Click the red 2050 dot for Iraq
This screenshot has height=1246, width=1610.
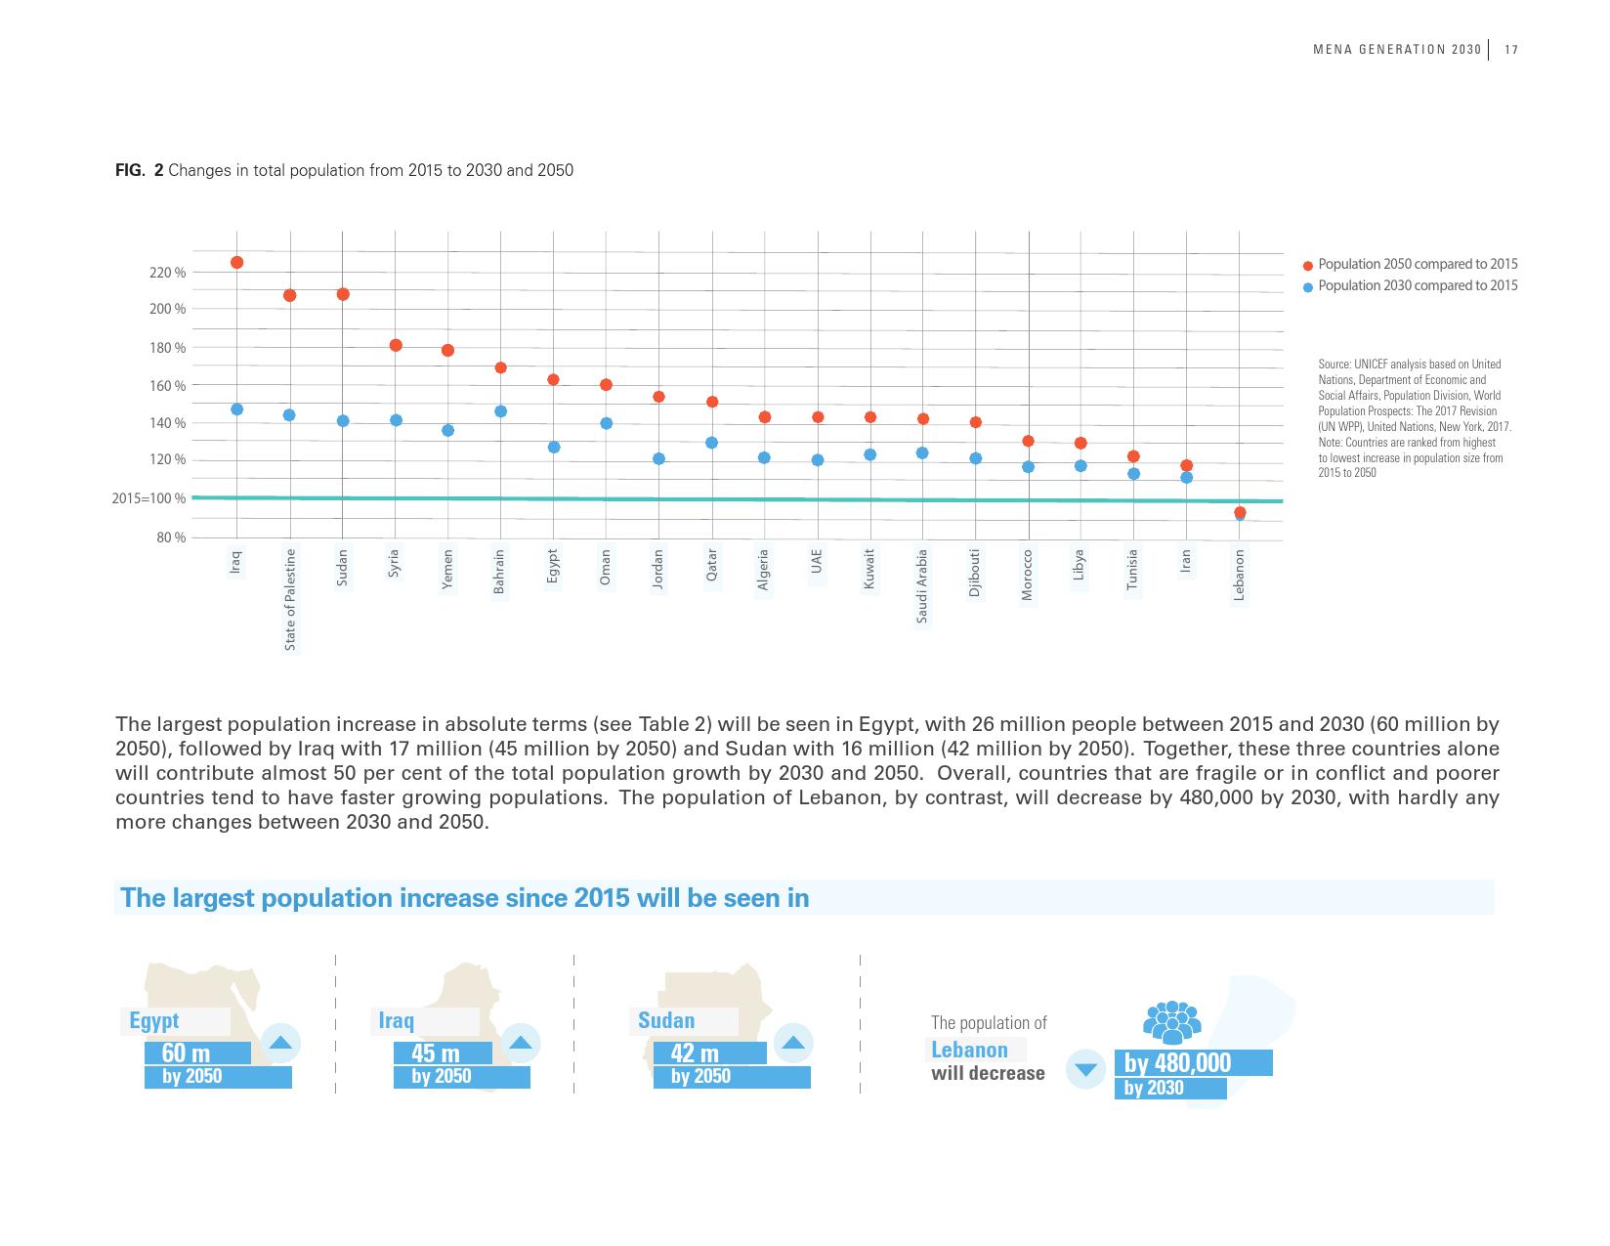pos(236,262)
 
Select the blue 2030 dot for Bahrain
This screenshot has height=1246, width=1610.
pos(500,411)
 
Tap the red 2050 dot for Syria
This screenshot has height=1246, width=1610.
pos(396,345)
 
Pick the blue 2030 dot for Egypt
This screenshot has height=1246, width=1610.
pos(554,447)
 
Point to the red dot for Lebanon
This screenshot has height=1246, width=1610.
pos(1240,512)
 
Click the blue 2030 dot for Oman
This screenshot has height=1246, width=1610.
pos(606,423)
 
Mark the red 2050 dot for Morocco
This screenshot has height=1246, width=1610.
pos(1028,441)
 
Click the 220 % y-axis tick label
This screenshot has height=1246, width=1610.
pos(167,273)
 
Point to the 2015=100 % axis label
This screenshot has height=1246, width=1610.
pos(148,498)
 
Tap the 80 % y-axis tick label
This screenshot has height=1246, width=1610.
pos(171,537)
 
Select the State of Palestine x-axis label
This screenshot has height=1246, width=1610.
pos(290,599)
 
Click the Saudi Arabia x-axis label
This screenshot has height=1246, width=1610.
pos(922,585)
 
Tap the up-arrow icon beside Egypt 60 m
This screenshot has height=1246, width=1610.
pos(280,1043)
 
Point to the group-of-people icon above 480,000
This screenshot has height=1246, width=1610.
pos(1171,1023)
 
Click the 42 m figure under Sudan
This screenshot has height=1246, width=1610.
pos(695,1053)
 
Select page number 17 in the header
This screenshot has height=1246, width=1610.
pos(1511,50)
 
